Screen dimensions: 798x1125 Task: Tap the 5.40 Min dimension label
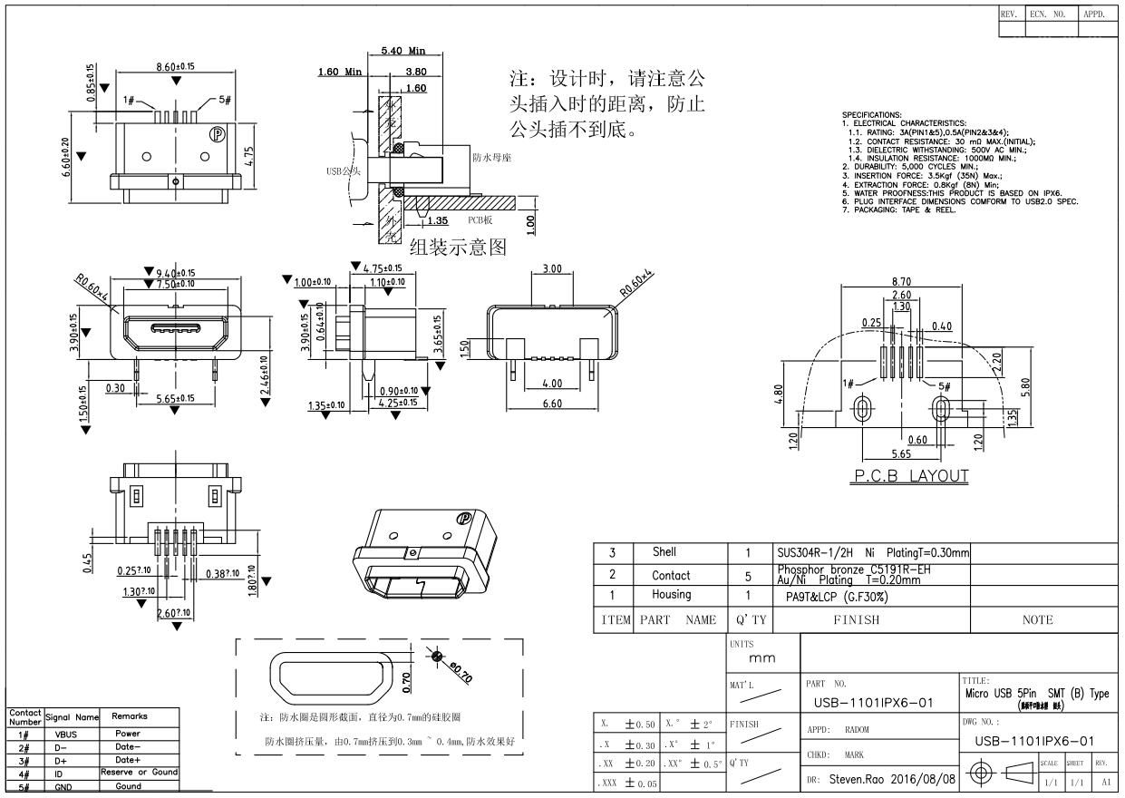[x=403, y=51]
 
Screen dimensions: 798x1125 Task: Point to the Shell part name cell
[x=664, y=551]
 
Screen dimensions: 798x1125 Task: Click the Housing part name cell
[x=671, y=595]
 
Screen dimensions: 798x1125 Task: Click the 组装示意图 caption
[x=457, y=247]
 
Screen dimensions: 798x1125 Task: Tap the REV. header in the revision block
[x=1010, y=15]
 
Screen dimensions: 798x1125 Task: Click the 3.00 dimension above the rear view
[x=551, y=269]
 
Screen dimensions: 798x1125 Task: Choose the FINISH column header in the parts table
[x=856, y=620]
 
